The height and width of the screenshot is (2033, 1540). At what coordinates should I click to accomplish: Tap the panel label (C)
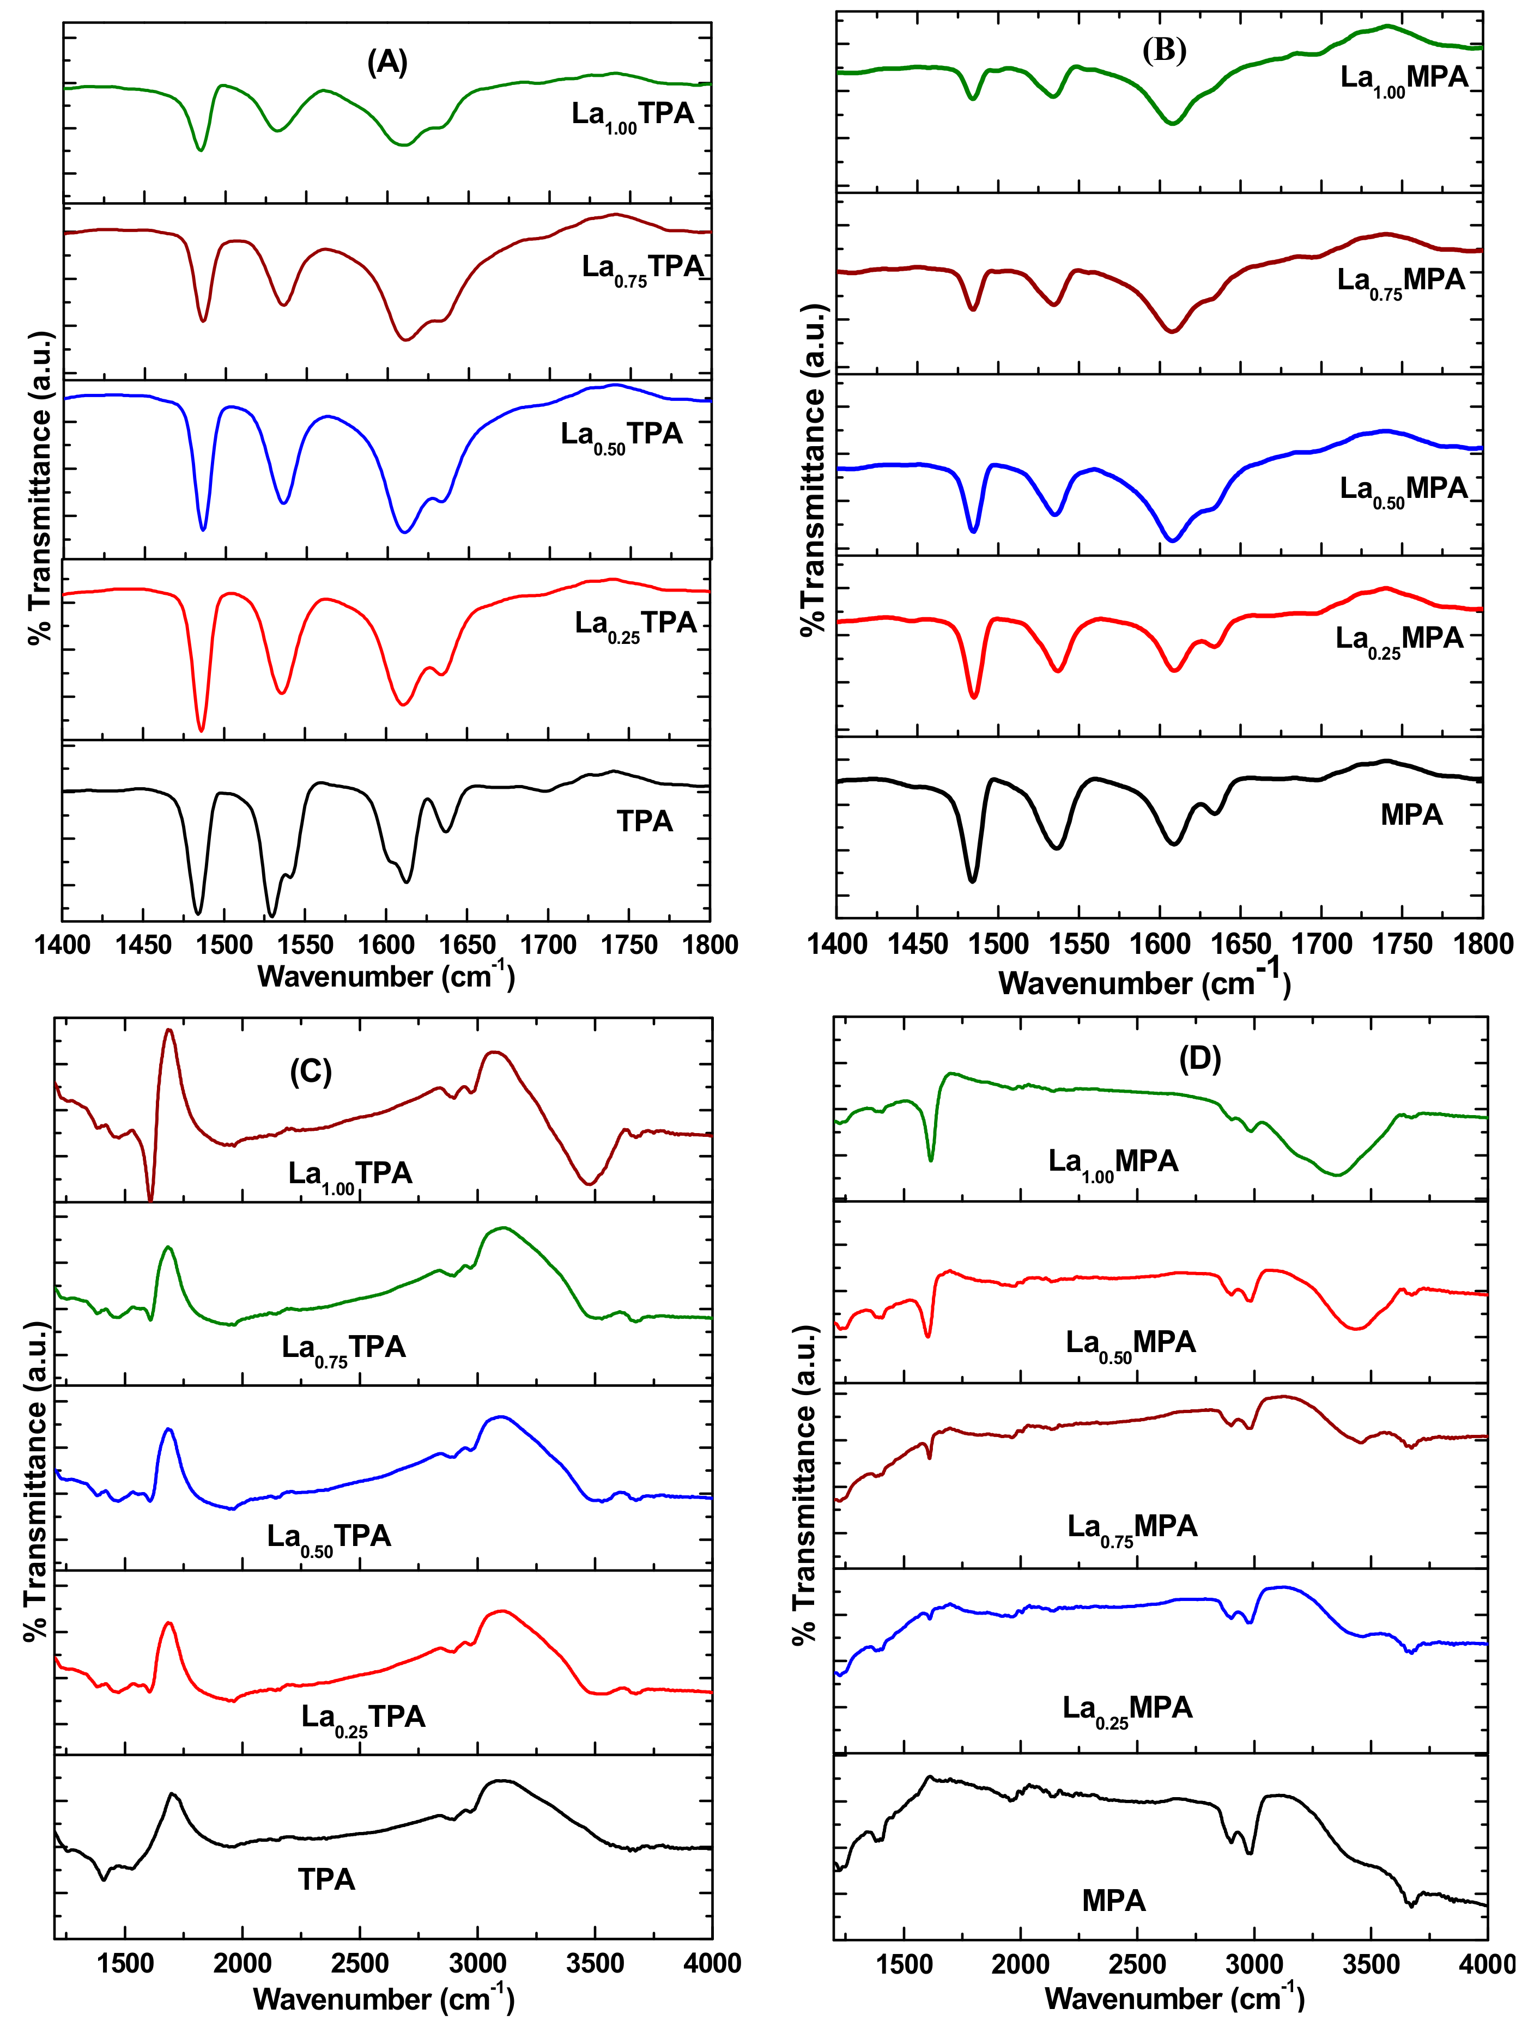[311, 1071]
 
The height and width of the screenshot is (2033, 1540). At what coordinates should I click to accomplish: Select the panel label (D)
[1200, 1059]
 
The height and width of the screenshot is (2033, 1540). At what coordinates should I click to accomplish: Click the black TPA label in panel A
[645, 821]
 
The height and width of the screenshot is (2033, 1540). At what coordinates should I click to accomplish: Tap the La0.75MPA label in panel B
[1400, 281]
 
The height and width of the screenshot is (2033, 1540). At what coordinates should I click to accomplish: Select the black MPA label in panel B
[1411, 814]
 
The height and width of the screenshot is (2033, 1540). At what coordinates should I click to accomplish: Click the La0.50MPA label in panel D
[1131, 1344]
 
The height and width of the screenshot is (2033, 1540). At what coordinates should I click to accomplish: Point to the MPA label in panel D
[1113, 1900]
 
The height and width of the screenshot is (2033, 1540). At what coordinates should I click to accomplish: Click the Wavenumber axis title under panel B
[1145, 983]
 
